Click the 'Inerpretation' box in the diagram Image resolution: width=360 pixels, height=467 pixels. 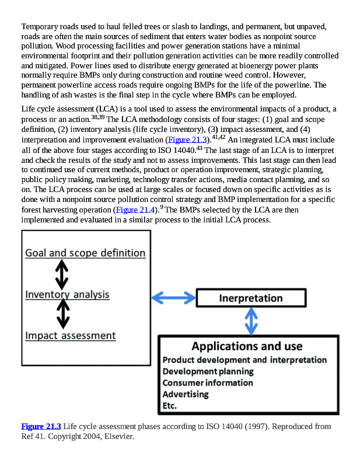(x=251, y=298)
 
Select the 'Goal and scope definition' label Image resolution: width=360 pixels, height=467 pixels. (x=85, y=253)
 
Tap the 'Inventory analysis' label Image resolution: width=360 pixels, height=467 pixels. (x=67, y=295)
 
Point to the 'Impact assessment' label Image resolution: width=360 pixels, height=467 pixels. (x=70, y=336)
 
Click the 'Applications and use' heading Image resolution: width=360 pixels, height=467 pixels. (x=247, y=347)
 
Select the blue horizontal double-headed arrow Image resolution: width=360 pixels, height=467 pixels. (x=173, y=298)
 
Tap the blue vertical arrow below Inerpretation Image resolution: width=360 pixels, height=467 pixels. (x=251, y=320)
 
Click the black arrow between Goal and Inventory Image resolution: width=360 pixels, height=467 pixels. (x=62, y=274)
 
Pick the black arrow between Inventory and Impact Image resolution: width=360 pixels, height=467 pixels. (x=63, y=314)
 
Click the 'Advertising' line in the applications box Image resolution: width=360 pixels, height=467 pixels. (x=185, y=394)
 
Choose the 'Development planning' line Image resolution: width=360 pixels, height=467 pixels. (x=208, y=371)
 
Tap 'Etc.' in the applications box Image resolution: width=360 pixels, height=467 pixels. (x=170, y=406)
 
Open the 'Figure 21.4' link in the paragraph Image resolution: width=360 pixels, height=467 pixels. (x=135, y=210)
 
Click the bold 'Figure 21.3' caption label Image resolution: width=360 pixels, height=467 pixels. (x=41, y=427)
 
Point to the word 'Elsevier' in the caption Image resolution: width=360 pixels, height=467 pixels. (x=119, y=436)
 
